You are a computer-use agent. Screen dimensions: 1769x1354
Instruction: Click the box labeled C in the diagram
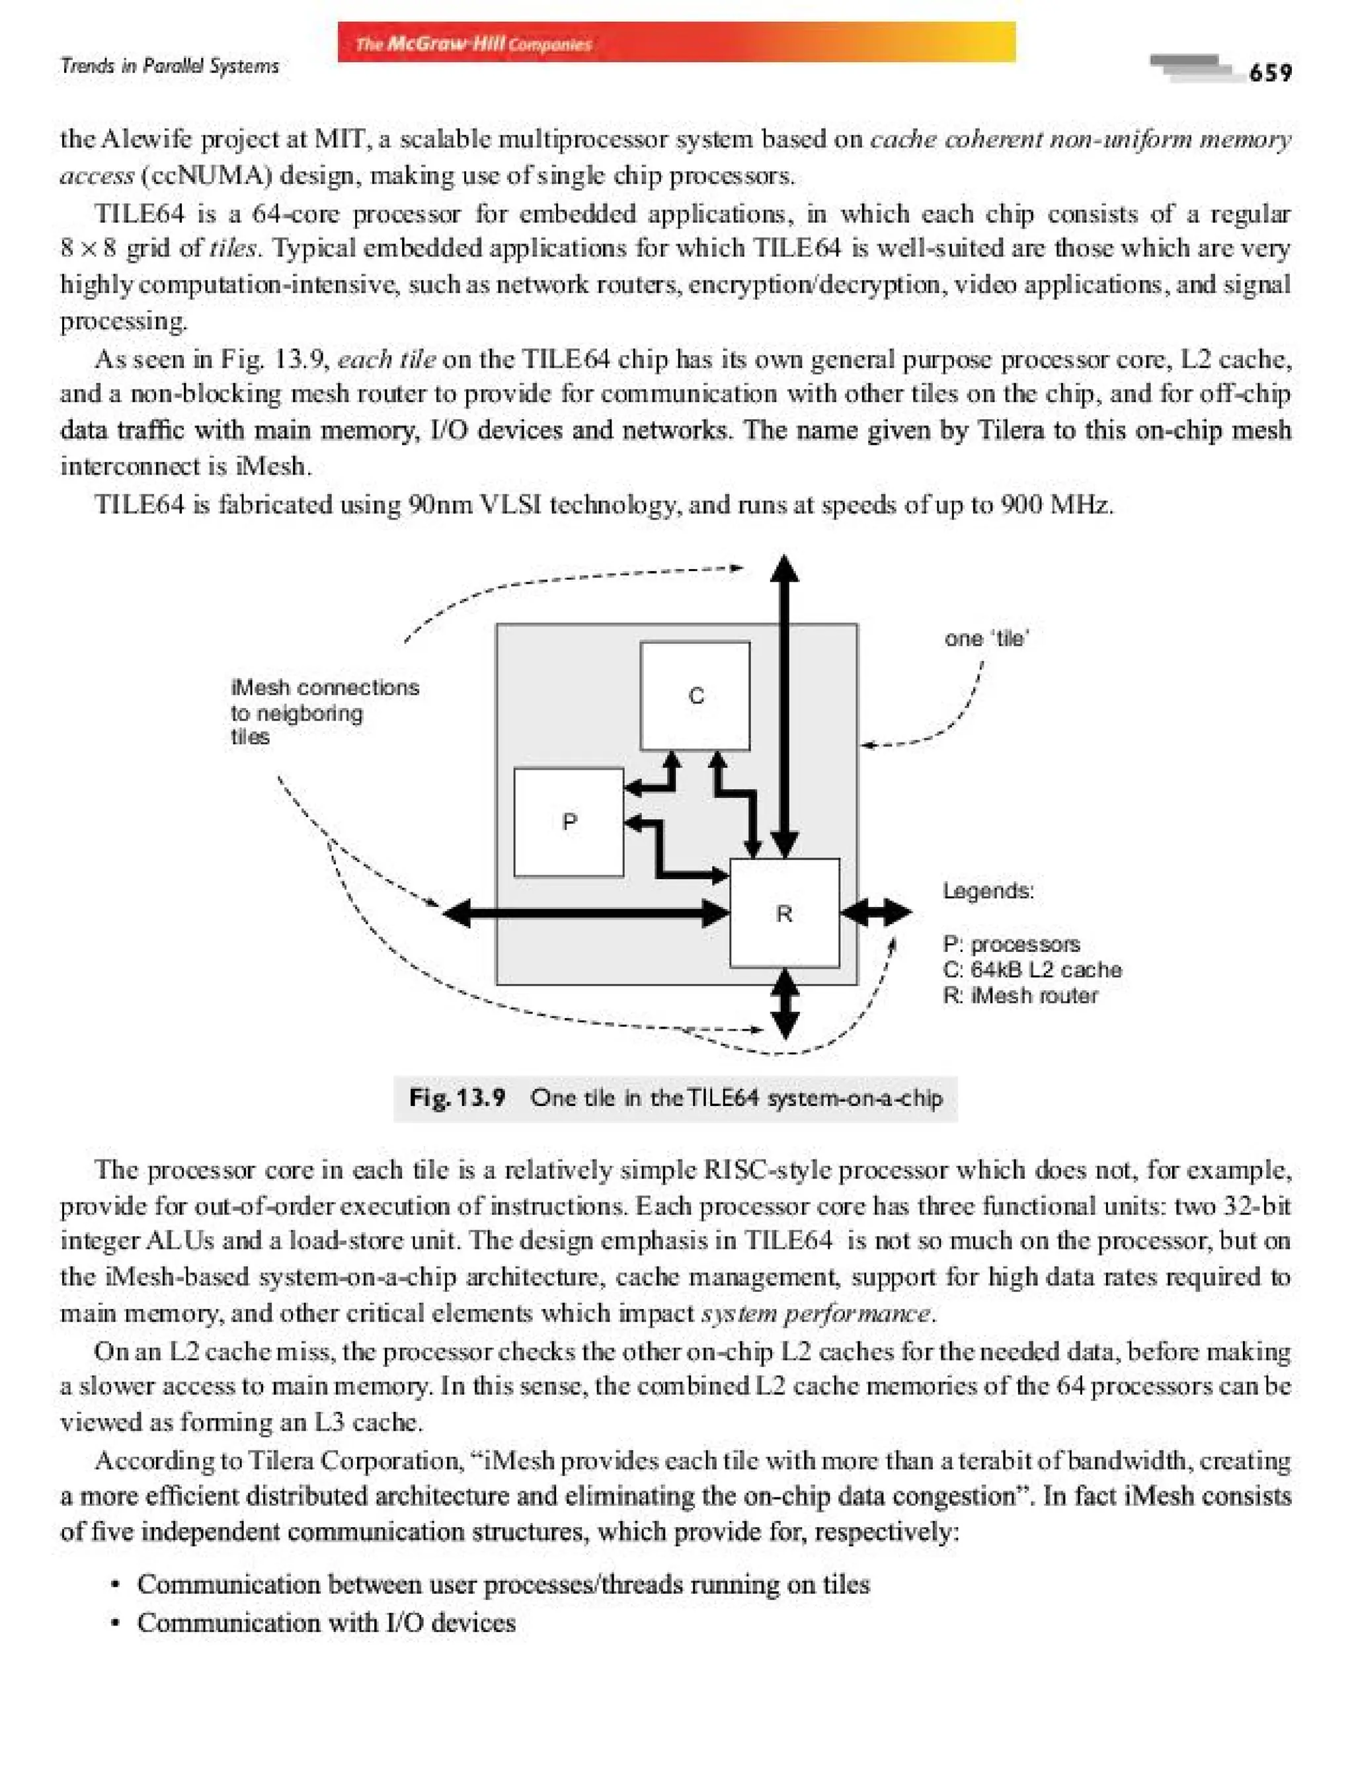[695, 695]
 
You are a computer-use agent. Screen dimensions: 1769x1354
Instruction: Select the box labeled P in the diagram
[568, 822]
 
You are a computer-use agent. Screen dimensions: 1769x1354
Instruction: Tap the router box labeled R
[784, 913]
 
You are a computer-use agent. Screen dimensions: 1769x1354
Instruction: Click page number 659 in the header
[1270, 73]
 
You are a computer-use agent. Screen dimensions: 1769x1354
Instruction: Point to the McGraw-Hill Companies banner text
[474, 44]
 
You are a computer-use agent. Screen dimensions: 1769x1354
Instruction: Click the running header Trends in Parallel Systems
[169, 66]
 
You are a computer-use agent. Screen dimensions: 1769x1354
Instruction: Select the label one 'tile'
[986, 639]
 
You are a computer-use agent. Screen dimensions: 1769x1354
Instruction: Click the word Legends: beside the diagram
[988, 891]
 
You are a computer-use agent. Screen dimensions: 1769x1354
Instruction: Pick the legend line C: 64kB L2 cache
[1031, 970]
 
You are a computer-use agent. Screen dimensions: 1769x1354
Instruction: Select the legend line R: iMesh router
[1019, 996]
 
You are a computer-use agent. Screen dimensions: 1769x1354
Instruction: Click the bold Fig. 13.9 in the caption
[457, 1097]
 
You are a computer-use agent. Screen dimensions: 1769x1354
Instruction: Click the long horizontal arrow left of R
[586, 913]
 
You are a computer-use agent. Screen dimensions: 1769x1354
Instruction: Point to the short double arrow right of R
[875, 913]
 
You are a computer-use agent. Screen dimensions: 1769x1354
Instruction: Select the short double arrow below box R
[784, 1003]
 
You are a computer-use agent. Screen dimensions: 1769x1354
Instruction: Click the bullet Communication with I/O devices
[325, 1622]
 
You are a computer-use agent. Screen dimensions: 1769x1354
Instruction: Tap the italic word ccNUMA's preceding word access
[97, 176]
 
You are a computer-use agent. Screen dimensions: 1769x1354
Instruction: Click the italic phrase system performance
[816, 1314]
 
